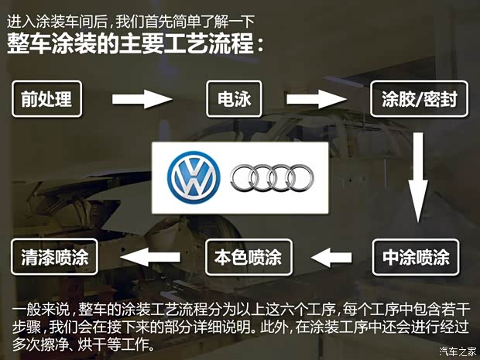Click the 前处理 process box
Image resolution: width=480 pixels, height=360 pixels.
[x=46, y=100]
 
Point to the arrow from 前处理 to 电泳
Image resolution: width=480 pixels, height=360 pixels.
[x=142, y=99]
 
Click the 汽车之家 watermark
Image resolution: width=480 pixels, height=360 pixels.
[x=458, y=351]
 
